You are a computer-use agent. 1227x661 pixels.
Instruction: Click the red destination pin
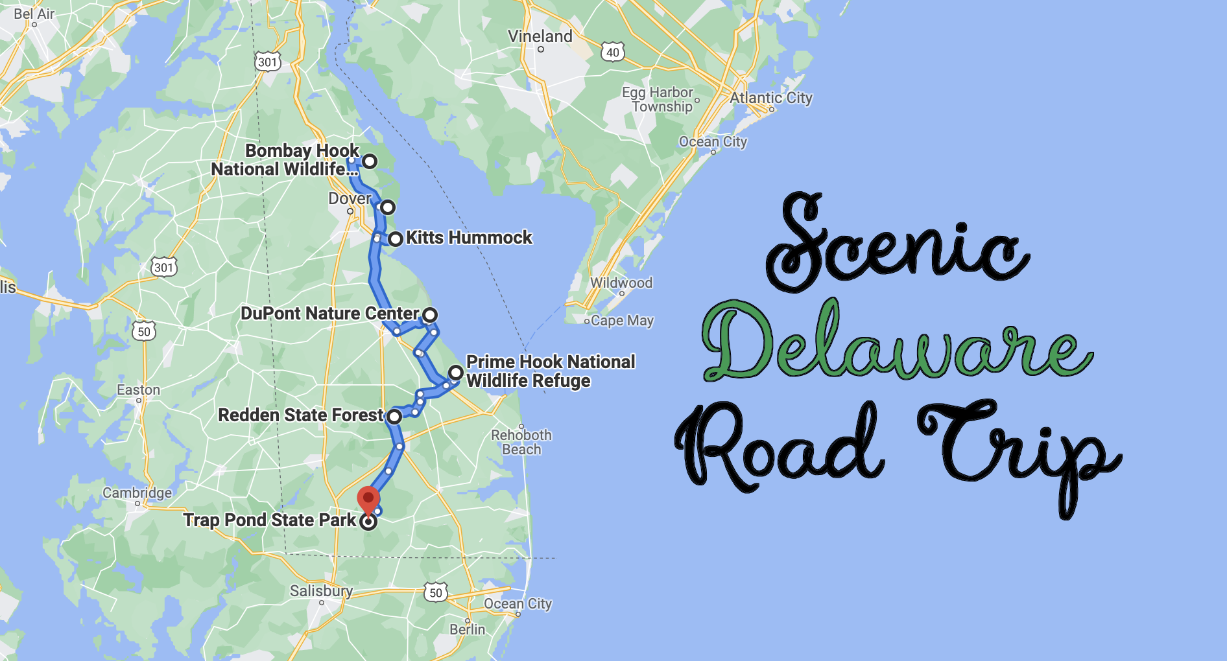point(368,500)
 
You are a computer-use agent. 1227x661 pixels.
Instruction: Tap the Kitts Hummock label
point(469,238)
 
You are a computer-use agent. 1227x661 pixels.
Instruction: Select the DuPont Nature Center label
point(329,314)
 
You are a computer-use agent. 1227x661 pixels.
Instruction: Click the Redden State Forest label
point(301,415)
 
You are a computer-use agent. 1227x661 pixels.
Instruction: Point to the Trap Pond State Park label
point(269,520)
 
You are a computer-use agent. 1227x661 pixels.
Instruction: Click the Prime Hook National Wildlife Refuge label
point(550,371)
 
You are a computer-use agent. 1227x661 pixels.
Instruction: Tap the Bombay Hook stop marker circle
point(370,161)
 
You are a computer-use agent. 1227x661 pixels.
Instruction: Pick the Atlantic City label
point(770,98)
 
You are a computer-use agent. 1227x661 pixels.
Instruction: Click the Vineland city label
point(540,36)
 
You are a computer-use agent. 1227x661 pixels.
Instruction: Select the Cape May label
point(622,321)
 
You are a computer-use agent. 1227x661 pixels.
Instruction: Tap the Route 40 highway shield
point(613,52)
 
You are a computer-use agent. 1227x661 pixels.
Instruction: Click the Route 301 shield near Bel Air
point(267,62)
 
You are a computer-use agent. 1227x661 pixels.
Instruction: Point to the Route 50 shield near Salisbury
point(436,592)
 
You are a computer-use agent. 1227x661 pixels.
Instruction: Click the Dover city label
point(350,198)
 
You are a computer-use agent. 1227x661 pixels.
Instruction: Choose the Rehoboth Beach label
point(521,442)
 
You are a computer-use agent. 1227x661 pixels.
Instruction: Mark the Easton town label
point(138,390)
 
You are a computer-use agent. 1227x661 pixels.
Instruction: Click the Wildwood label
point(621,283)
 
